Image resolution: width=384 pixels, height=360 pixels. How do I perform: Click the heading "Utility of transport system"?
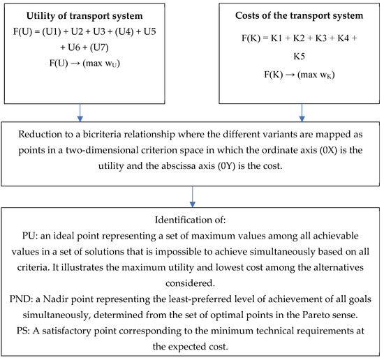tap(82, 15)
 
